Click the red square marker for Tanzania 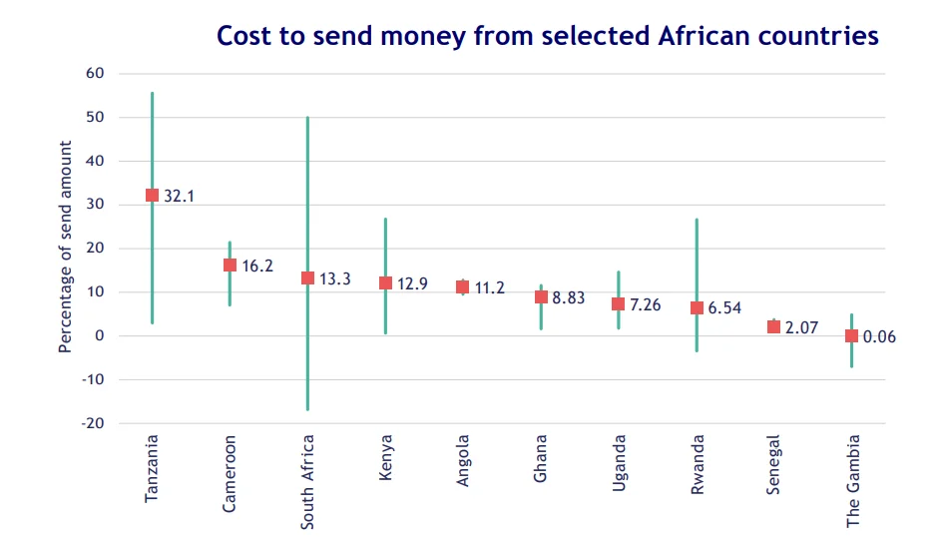coord(152,196)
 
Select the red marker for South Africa coord(307,277)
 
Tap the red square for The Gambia coord(851,335)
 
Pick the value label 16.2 coord(257,266)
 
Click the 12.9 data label coord(412,283)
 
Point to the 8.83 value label coord(569,297)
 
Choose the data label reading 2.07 coord(801,327)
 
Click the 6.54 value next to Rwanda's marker coord(724,307)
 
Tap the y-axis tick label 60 coord(95,73)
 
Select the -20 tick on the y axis coord(93,423)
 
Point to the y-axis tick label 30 coord(95,205)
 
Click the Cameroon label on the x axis coord(230,474)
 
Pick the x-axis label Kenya coord(385,457)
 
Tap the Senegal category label coord(772,465)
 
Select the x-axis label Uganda coord(619,463)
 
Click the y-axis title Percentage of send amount coord(65,247)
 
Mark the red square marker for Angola coord(462,286)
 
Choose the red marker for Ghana coord(541,296)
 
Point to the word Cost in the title coord(242,36)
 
